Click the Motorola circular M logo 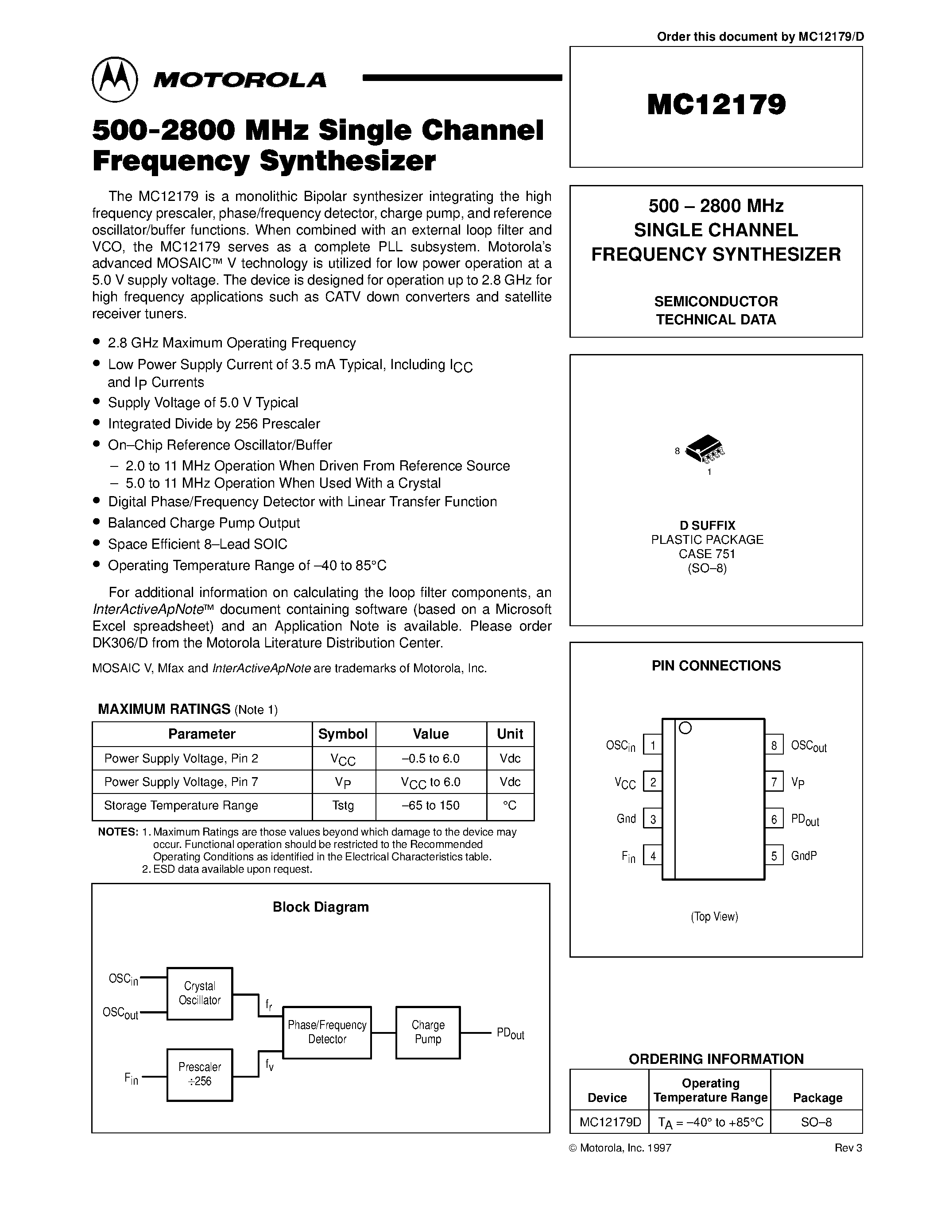tap(114, 80)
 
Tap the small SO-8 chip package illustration tap(705, 449)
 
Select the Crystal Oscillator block tap(200, 993)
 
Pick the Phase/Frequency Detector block tap(327, 1032)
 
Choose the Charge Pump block tap(428, 1032)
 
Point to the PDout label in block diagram tap(510, 1034)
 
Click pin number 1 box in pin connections tap(653, 745)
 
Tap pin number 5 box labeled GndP tap(774, 855)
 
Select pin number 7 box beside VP tap(774, 782)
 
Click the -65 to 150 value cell tap(431, 805)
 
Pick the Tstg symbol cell tap(343, 805)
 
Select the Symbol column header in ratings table tap(343, 734)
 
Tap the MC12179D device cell tap(610, 1122)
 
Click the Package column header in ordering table tap(817, 1098)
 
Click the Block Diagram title tap(321, 907)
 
